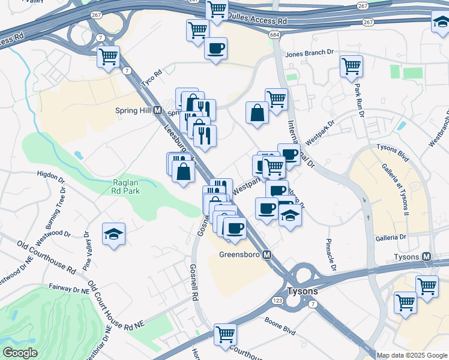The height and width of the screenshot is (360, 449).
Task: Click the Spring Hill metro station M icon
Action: coord(157,110)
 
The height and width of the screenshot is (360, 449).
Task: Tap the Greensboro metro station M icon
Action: coord(267,255)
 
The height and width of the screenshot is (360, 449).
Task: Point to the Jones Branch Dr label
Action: coord(309,53)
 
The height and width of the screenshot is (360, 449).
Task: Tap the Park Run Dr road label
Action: coord(359,98)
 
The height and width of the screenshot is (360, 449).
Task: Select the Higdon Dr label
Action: coord(50,177)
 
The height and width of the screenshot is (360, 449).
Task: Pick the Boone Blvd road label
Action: coord(280,330)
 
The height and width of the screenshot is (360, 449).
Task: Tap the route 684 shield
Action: coord(274,37)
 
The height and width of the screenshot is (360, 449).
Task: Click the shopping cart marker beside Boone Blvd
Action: coord(225,334)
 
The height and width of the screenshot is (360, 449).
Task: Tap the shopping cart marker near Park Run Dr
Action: coord(351,66)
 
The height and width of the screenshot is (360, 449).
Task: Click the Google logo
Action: coord(20,353)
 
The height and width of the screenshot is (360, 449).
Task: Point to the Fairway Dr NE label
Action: coord(68,289)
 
